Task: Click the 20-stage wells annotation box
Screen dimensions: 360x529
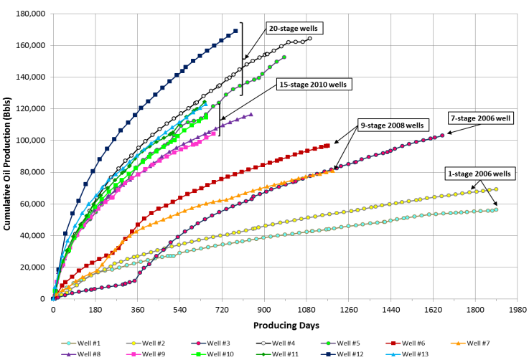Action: [x=292, y=29]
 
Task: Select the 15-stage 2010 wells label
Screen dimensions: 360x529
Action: [x=313, y=85]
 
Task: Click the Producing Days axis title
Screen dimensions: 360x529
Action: [x=285, y=325]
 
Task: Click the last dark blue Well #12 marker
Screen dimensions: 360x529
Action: [x=235, y=31]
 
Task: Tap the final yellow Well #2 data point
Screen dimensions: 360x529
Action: [x=496, y=189]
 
